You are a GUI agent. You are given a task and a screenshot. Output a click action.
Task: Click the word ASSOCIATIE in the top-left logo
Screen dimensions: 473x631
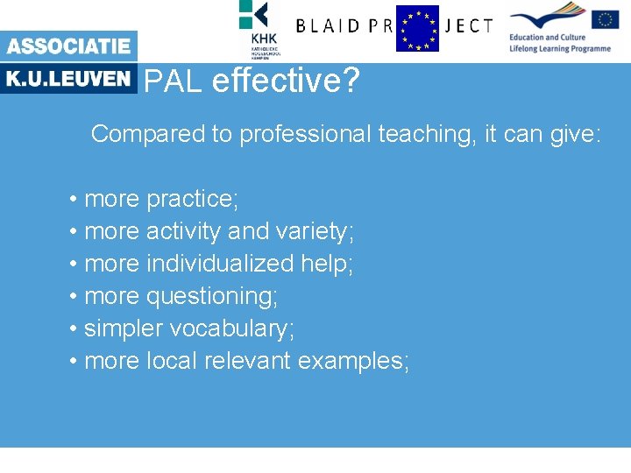click(x=68, y=46)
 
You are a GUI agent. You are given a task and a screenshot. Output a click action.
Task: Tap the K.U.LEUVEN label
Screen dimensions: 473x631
click(x=68, y=79)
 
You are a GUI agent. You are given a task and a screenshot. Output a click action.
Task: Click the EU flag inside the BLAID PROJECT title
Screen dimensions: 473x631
click(x=417, y=28)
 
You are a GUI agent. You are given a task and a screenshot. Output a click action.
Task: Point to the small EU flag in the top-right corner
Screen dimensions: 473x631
click(x=605, y=19)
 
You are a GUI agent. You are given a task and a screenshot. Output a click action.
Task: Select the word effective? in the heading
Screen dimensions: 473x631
click(x=286, y=81)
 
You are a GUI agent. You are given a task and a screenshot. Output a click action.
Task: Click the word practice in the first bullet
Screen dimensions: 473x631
click(x=192, y=199)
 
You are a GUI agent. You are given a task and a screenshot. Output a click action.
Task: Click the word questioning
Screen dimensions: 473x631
click(x=211, y=296)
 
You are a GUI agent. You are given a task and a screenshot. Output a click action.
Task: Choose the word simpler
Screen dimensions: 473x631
click(x=124, y=328)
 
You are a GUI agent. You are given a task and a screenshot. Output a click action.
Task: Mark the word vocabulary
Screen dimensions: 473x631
click(x=231, y=328)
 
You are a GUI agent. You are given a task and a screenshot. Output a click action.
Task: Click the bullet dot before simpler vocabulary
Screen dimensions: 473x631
click(x=74, y=329)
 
